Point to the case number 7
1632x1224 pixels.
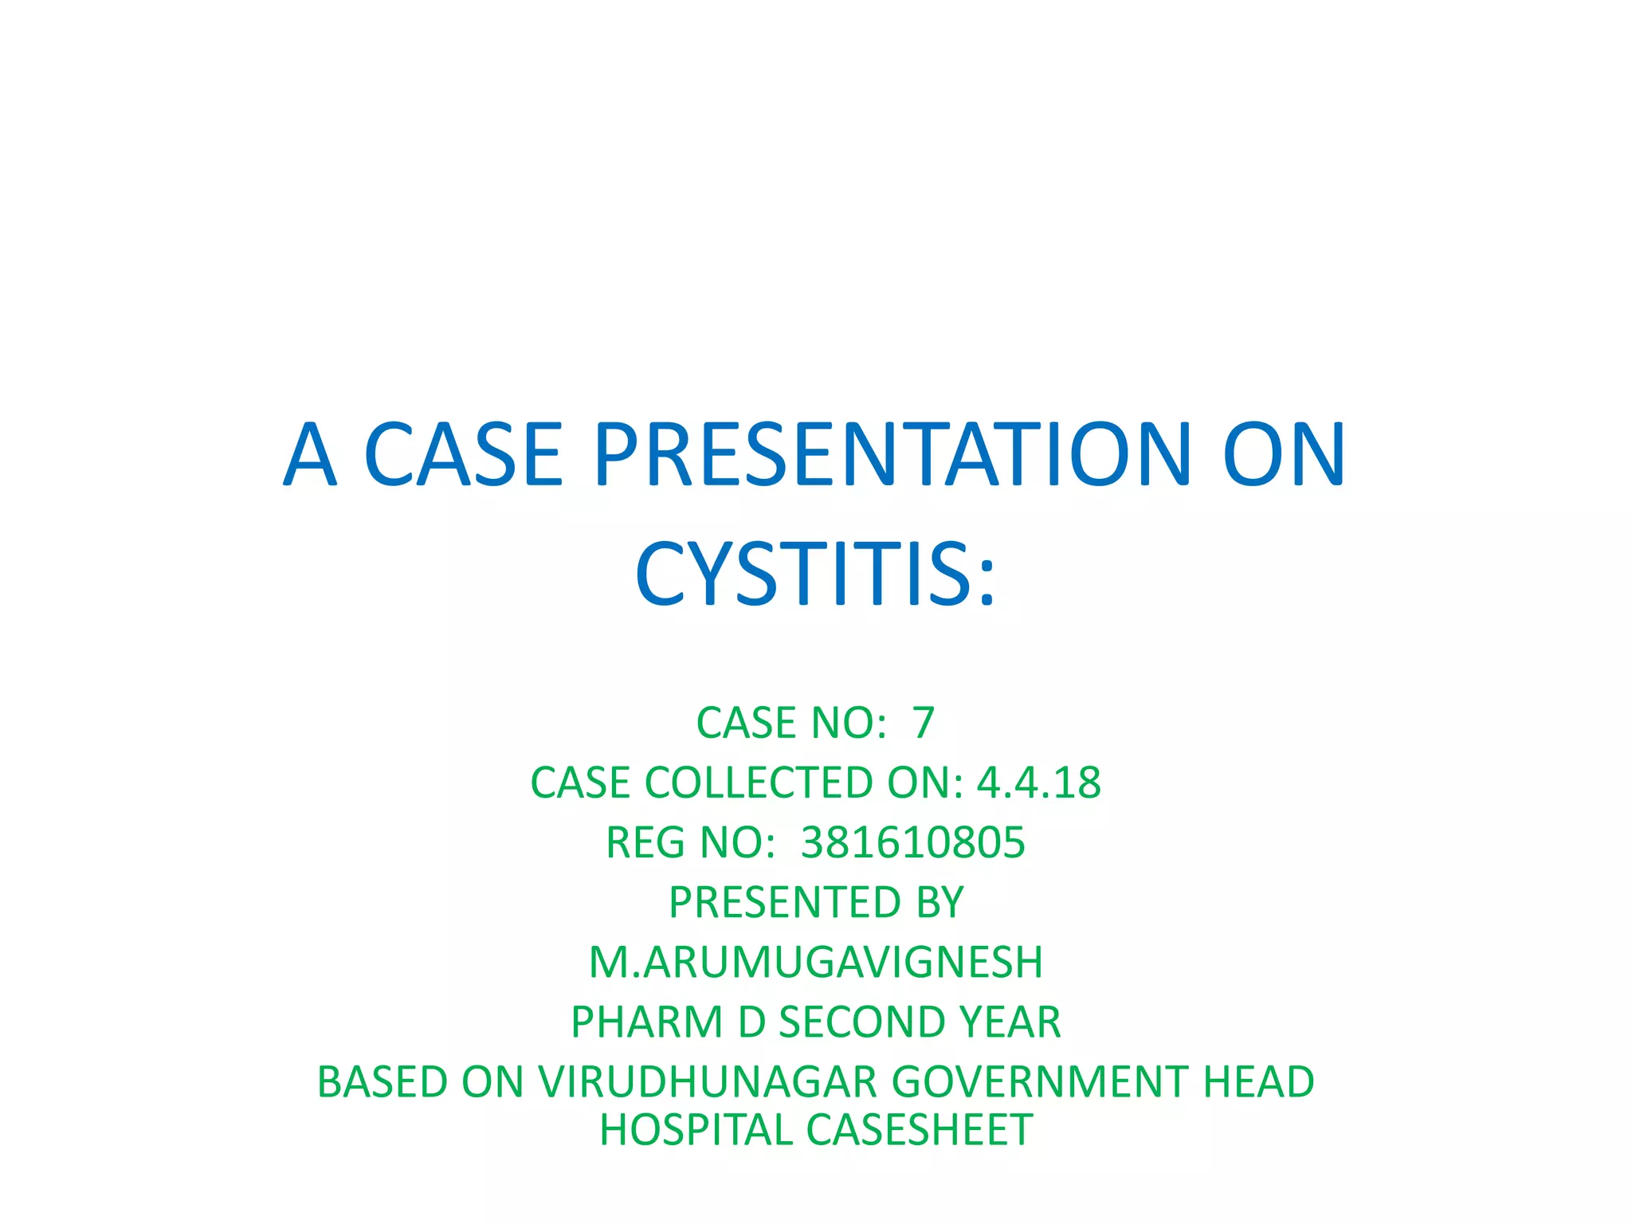click(923, 723)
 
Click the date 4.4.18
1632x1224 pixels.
click(1038, 783)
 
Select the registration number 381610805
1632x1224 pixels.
click(912, 842)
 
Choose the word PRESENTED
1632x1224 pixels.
click(784, 902)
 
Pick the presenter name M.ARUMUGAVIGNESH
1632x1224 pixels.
click(816, 962)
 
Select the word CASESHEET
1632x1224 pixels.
click(920, 1130)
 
